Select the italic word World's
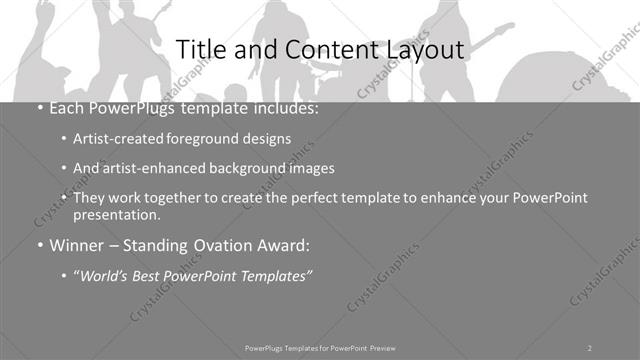107,275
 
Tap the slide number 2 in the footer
590,347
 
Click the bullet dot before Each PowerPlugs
38,108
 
